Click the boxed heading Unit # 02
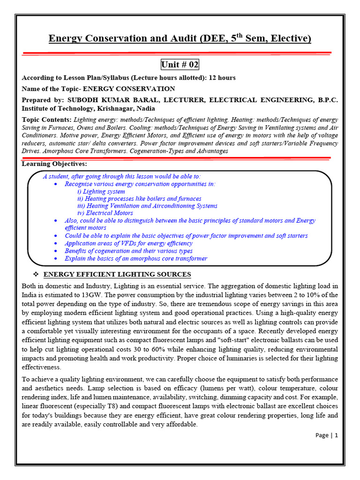point(180,65)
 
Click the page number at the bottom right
point(326,435)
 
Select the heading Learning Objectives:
point(54,164)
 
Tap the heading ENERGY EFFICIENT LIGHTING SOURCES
point(117,274)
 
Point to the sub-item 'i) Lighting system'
point(101,191)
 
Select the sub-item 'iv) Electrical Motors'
point(105,213)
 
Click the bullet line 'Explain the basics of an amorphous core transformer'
point(136,258)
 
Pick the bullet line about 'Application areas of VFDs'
point(128,243)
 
